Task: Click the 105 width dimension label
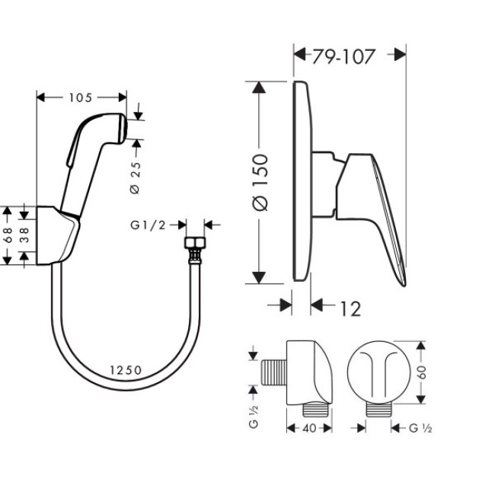[81, 97]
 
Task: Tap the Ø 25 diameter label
[135, 177]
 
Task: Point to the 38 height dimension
[24, 235]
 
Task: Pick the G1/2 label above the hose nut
[148, 225]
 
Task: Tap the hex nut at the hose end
[195, 245]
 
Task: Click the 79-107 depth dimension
[343, 56]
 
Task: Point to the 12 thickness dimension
[350, 308]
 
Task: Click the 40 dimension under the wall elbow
[308, 428]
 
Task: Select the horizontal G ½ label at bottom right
[421, 428]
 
